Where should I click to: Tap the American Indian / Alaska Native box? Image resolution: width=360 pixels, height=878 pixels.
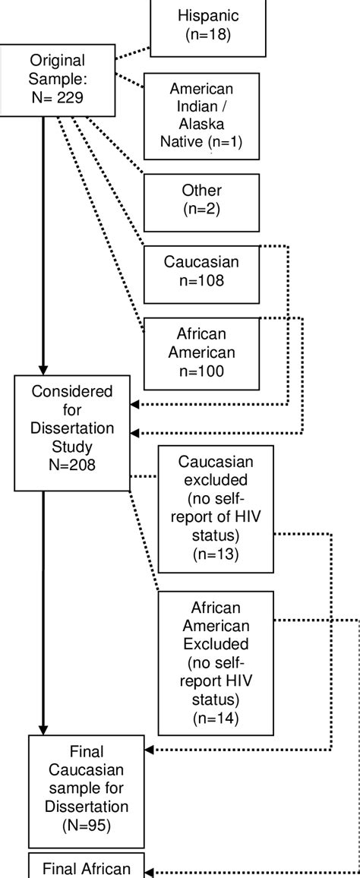(x=201, y=116)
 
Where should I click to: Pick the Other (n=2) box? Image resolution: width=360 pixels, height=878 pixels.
(x=201, y=202)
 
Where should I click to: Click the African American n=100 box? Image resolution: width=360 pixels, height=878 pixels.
(x=201, y=354)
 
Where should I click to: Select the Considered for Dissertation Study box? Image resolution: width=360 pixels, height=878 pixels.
(x=73, y=433)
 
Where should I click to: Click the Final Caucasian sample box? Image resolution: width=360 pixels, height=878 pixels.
(x=87, y=790)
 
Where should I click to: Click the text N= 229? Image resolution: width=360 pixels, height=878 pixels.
(x=58, y=97)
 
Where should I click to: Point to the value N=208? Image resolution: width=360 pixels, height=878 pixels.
(x=73, y=465)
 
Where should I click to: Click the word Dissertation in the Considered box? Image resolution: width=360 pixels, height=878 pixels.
(x=73, y=428)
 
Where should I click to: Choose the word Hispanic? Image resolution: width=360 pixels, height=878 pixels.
(x=208, y=14)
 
